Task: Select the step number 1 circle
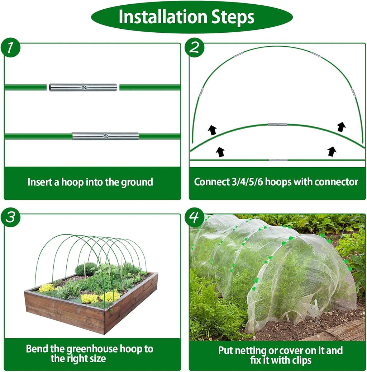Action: point(10,48)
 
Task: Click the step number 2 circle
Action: point(195,48)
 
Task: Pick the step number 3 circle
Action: point(10,218)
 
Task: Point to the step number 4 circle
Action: point(195,218)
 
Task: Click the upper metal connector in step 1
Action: point(83,87)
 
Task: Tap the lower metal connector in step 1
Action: point(105,136)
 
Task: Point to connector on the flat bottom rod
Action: point(278,159)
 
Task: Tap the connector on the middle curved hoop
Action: point(277,124)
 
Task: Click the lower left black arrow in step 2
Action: point(220,152)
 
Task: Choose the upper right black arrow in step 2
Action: point(341,127)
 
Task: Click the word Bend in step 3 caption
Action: point(36,349)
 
